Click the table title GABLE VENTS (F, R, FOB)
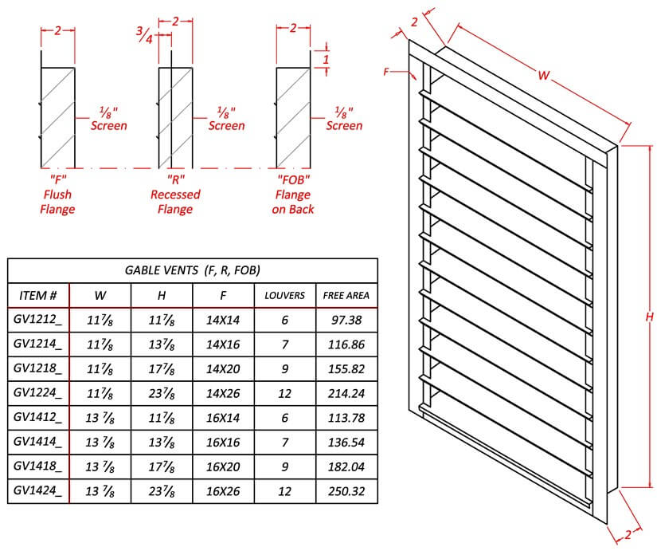click(x=193, y=270)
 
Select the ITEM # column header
click(x=37, y=295)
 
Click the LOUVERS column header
click(x=285, y=295)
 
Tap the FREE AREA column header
click(x=346, y=295)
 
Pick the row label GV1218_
click(x=37, y=369)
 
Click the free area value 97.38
click(x=346, y=320)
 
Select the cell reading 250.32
click(x=346, y=491)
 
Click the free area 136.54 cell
click(x=346, y=443)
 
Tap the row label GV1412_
click(x=37, y=418)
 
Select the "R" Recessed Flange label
click(x=175, y=194)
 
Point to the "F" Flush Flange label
click(x=57, y=194)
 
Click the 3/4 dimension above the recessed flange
click(x=145, y=35)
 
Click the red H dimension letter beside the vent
click(x=649, y=317)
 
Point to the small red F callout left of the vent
click(x=386, y=72)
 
